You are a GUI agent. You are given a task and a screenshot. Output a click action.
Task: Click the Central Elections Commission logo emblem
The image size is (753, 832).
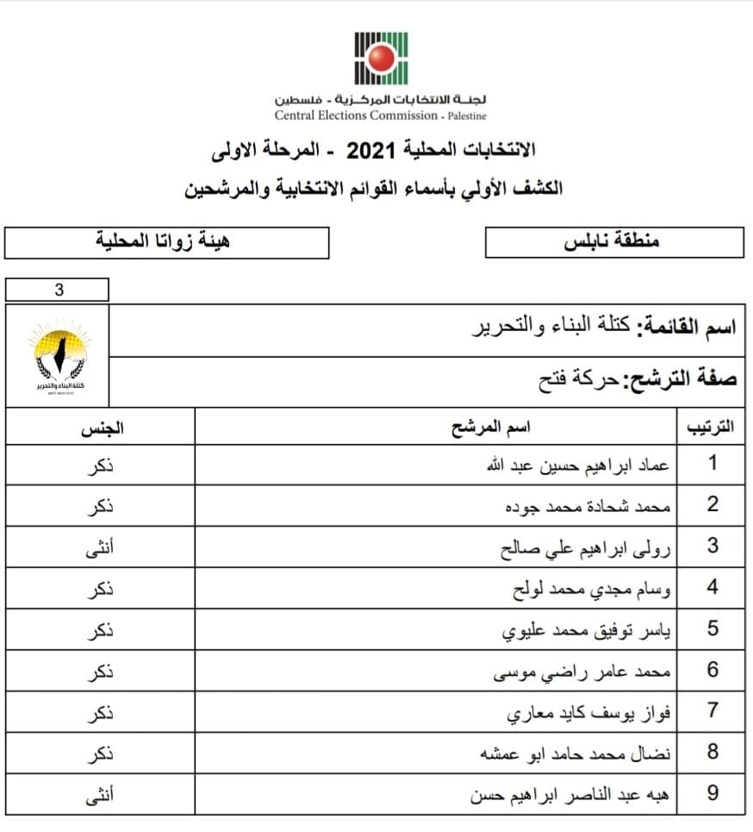pos(381,58)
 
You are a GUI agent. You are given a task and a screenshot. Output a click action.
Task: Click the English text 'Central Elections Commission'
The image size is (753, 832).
pos(356,116)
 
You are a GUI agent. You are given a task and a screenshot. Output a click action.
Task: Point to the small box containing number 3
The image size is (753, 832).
pos(57,290)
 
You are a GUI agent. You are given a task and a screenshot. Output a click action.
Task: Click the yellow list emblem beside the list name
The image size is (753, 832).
pos(58,356)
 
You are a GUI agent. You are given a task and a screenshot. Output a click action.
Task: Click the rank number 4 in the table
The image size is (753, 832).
pos(713,588)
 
